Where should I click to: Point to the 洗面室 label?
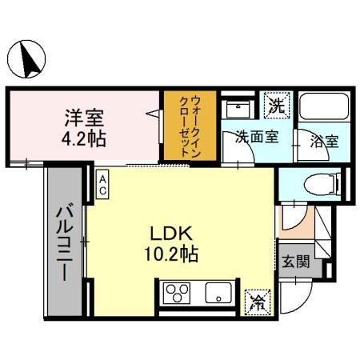[256, 137]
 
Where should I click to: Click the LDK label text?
[171, 235]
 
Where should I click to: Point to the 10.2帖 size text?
[171, 256]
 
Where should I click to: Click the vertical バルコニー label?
[63, 240]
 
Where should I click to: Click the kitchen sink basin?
[217, 293]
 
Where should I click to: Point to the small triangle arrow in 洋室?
[152, 116]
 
